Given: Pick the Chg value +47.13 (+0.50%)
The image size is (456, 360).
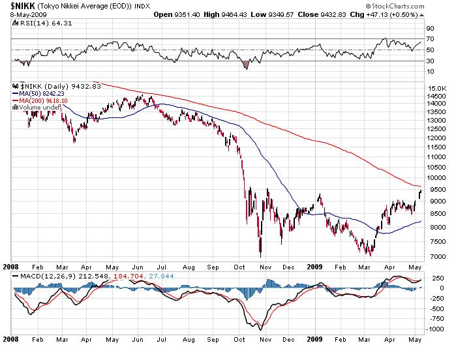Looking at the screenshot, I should pos(395,14).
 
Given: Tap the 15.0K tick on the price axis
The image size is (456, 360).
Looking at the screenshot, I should pos(434,88).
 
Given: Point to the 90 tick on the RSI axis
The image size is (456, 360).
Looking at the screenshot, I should pos(430,29).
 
